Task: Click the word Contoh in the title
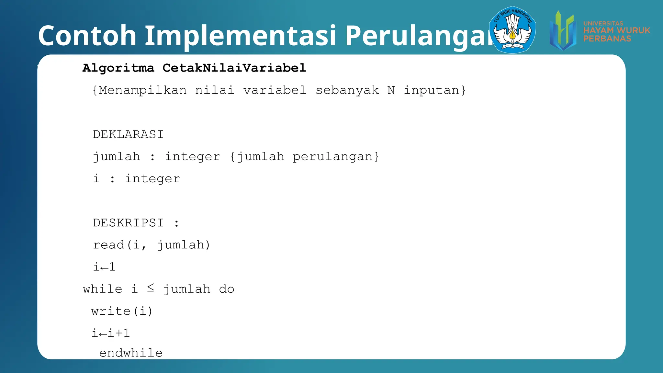[x=87, y=35]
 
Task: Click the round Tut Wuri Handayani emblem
[x=512, y=30]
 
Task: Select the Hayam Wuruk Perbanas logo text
[x=616, y=31]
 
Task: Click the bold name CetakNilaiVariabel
[x=234, y=68]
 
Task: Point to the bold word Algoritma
[x=118, y=68]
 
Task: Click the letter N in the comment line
[x=391, y=90]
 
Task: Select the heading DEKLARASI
[x=128, y=134]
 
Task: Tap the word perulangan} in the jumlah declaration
[x=336, y=157]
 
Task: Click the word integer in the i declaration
[x=152, y=179]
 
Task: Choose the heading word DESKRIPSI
[x=128, y=223]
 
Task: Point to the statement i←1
[x=104, y=267]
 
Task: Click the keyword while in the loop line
[x=103, y=289]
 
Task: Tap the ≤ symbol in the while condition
[x=151, y=288]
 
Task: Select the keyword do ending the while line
[x=227, y=289]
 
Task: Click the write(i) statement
[x=122, y=311]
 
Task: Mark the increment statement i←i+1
[x=111, y=333]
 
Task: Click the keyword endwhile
[x=131, y=353]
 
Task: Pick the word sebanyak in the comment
[x=347, y=90]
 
